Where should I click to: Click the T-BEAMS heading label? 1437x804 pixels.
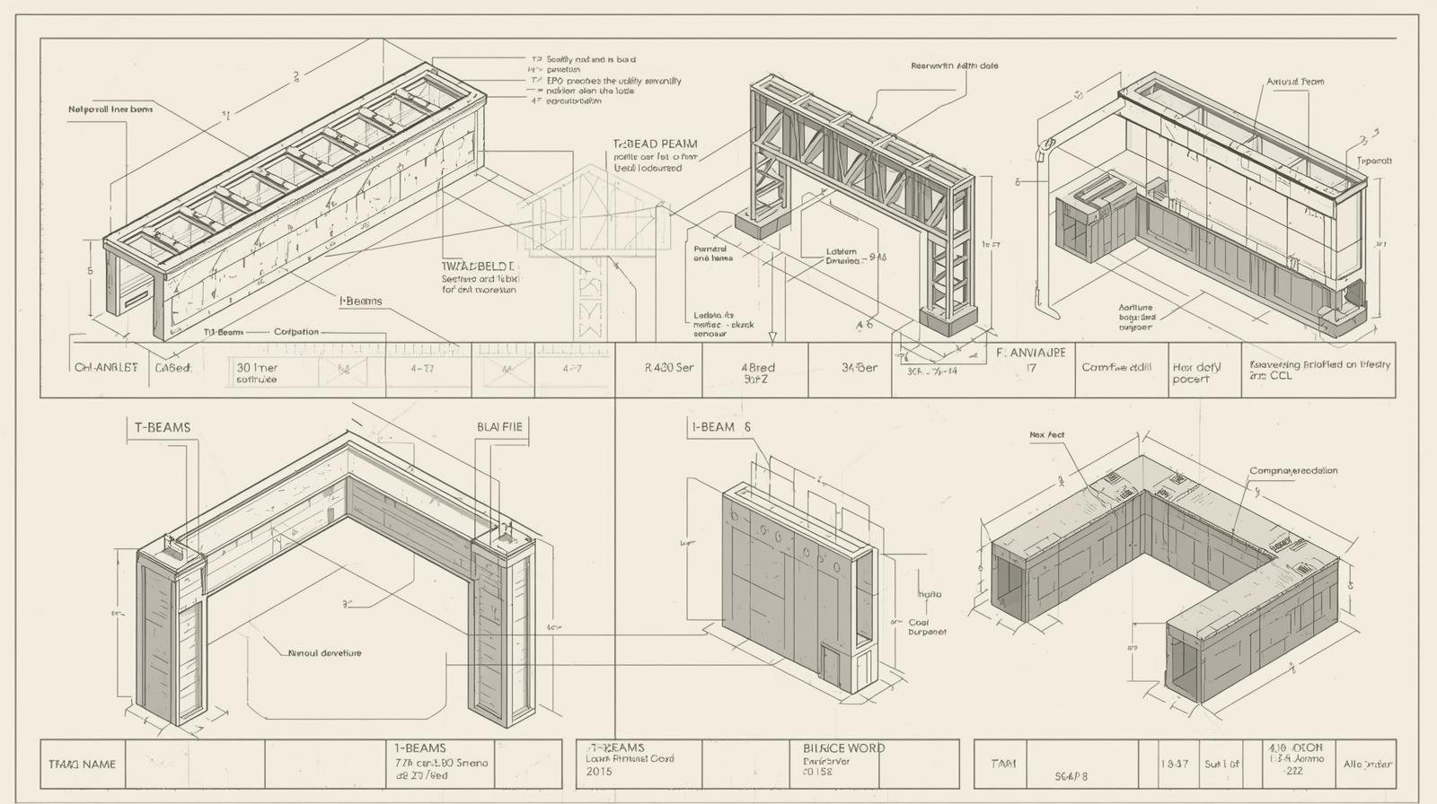[x=163, y=427]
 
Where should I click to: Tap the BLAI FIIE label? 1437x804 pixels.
[x=499, y=427]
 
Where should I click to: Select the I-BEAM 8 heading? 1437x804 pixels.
[x=720, y=427]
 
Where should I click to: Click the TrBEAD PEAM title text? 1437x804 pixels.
[x=655, y=144]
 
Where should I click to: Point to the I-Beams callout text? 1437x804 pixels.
[x=361, y=301]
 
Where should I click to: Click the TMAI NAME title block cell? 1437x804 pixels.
[x=82, y=765]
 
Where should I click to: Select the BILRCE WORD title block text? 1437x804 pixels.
[x=843, y=747]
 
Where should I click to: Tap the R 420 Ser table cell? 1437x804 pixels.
[x=669, y=368]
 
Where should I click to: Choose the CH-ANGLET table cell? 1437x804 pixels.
[x=106, y=368]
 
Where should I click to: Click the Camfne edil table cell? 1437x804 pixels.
[x=1116, y=367]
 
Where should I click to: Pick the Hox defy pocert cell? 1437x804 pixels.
[x=1196, y=373]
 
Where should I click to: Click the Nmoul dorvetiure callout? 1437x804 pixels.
[x=324, y=653]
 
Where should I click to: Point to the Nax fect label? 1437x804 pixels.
[x=1046, y=435]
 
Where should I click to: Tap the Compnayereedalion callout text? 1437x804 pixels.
[x=1293, y=471]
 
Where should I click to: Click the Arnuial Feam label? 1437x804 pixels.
[x=1295, y=82]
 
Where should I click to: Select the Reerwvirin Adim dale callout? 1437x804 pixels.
[x=954, y=66]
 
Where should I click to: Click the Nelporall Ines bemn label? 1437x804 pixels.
[x=110, y=109]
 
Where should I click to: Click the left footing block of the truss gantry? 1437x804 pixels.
[x=762, y=223]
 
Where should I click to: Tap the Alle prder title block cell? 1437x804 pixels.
[x=1367, y=765]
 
